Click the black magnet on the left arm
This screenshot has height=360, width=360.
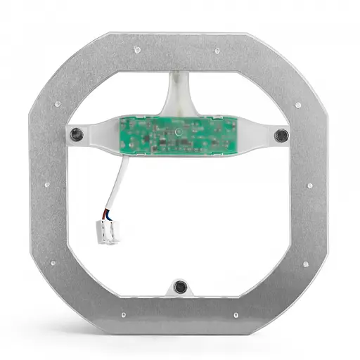(75, 134)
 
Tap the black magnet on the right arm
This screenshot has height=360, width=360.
(281, 134)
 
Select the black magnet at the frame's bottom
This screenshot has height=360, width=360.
(180, 286)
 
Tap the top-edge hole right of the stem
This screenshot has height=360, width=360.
(217, 50)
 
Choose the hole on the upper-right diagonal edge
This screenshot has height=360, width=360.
(297, 105)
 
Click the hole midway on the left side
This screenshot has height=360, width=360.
(47, 185)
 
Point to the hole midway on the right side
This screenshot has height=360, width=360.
(309, 186)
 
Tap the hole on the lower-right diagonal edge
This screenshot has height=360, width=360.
(304, 264)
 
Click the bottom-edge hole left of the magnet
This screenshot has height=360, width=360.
(124, 314)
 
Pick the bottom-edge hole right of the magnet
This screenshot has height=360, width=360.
(235, 314)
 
